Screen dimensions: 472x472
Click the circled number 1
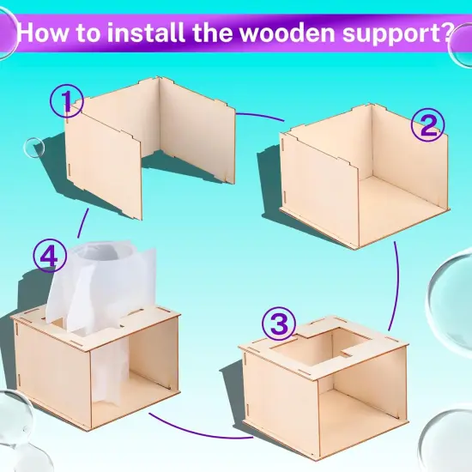coord(67,100)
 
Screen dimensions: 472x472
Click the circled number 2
coord(427,124)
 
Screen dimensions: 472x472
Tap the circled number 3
coord(279,324)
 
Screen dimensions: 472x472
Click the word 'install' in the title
coord(146,33)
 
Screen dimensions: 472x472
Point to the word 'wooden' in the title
coord(288,33)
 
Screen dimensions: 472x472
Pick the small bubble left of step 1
coord(33,148)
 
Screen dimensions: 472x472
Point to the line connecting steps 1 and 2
coord(259,115)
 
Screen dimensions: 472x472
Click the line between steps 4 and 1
coord(82,223)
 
